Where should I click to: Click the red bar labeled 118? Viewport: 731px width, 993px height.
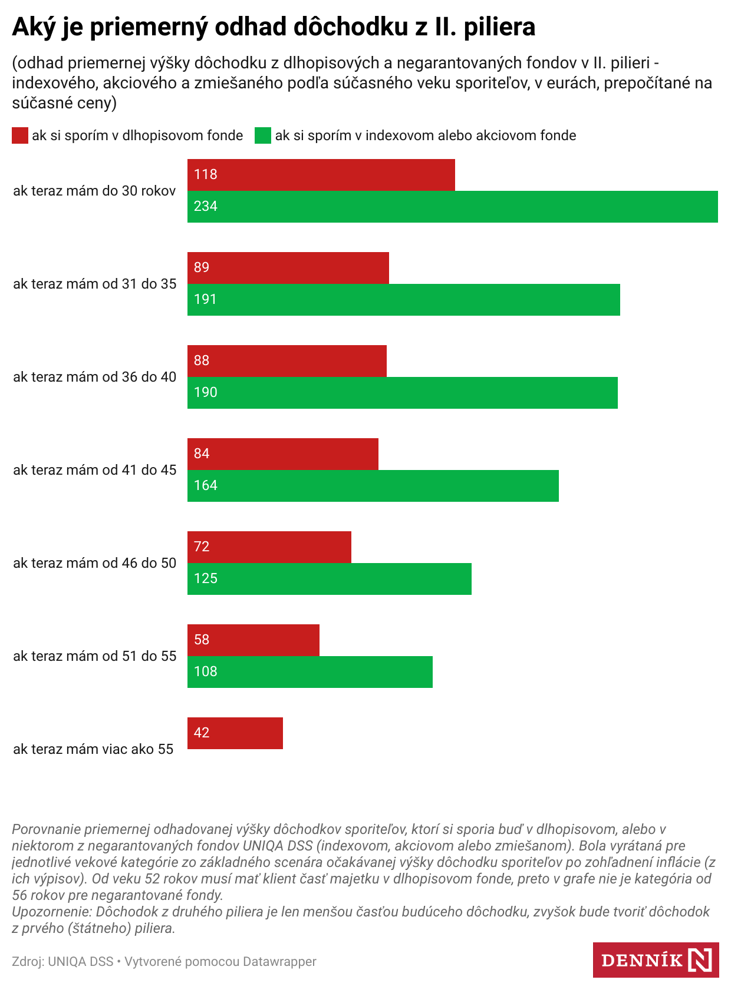(x=321, y=175)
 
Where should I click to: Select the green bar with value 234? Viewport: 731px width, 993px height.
(x=452, y=207)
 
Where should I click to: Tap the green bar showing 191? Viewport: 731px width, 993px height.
(x=403, y=300)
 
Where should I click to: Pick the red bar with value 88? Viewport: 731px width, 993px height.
(x=287, y=361)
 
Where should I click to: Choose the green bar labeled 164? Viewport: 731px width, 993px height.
(x=373, y=486)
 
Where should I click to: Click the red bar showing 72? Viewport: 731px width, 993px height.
(x=269, y=547)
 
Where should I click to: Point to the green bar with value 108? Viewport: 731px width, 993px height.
(x=309, y=672)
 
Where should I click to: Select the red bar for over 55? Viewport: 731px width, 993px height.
(x=235, y=733)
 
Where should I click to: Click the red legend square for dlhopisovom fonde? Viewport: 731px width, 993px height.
(x=20, y=135)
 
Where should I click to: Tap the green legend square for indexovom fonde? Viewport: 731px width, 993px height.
(x=263, y=135)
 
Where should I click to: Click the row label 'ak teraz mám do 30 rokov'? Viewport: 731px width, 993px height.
(x=94, y=191)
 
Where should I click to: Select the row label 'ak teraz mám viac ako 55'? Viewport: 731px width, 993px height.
(x=93, y=749)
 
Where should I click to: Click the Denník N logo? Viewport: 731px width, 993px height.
(x=656, y=960)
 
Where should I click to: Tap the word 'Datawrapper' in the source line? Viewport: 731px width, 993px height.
(x=279, y=962)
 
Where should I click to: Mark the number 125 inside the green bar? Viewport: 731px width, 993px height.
(x=206, y=578)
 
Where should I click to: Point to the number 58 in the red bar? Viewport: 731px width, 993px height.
(x=202, y=640)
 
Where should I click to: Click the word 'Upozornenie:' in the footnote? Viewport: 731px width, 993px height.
(x=52, y=912)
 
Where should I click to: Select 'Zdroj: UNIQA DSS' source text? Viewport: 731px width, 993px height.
(x=62, y=962)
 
